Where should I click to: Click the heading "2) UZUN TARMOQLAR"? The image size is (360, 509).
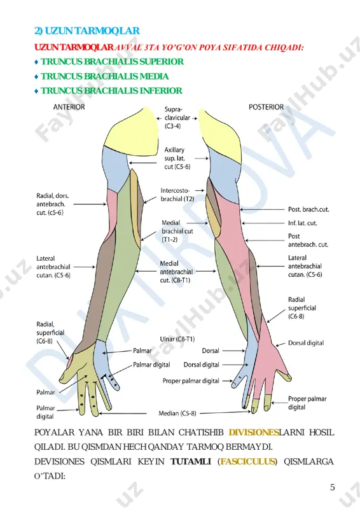pos(87,31)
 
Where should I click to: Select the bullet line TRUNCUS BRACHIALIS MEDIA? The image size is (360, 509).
pos(104,76)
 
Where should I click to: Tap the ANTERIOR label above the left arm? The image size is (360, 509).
pos(69,107)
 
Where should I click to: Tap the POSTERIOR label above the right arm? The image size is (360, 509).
pos(267,107)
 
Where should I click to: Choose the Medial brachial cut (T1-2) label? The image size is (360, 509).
pos(177,231)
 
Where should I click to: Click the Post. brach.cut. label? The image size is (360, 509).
pos(308,209)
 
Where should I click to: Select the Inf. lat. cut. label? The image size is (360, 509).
pos(303,223)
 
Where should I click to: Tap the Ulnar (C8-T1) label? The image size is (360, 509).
pos(177,339)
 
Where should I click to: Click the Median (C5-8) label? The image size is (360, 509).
pos(177,414)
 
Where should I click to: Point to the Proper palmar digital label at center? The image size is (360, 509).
pos(191,380)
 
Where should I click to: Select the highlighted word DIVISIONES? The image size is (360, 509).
pos(254,433)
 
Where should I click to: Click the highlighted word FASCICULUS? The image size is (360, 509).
pos(247,462)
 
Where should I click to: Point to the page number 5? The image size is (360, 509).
pos(333,487)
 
